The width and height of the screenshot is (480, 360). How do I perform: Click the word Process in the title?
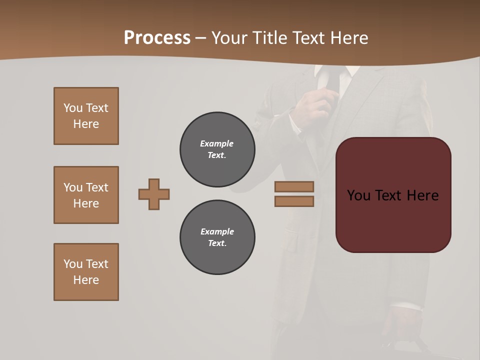click(157, 38)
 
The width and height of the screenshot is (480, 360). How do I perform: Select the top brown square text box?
click(86, 116)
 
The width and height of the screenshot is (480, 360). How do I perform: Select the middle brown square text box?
click(86, 195)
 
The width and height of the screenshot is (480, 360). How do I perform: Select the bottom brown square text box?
click(86, 272)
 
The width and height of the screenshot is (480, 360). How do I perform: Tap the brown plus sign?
click(154, 194)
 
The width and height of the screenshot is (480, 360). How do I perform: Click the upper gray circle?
click(217, 149)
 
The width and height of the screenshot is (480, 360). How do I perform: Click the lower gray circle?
click(217, 237)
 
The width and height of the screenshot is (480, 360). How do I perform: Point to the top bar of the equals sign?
click(294, 187)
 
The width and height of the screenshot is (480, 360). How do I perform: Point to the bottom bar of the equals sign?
click(294, 201)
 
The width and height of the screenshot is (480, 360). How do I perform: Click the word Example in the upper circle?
click(217, 143)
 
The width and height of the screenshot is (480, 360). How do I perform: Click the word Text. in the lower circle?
click(217, 243)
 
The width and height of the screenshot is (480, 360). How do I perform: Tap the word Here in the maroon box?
click(422, 195)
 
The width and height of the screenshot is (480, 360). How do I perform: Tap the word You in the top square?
click(72, 108)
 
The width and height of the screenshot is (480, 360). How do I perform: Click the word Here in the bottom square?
click(86, 280)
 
